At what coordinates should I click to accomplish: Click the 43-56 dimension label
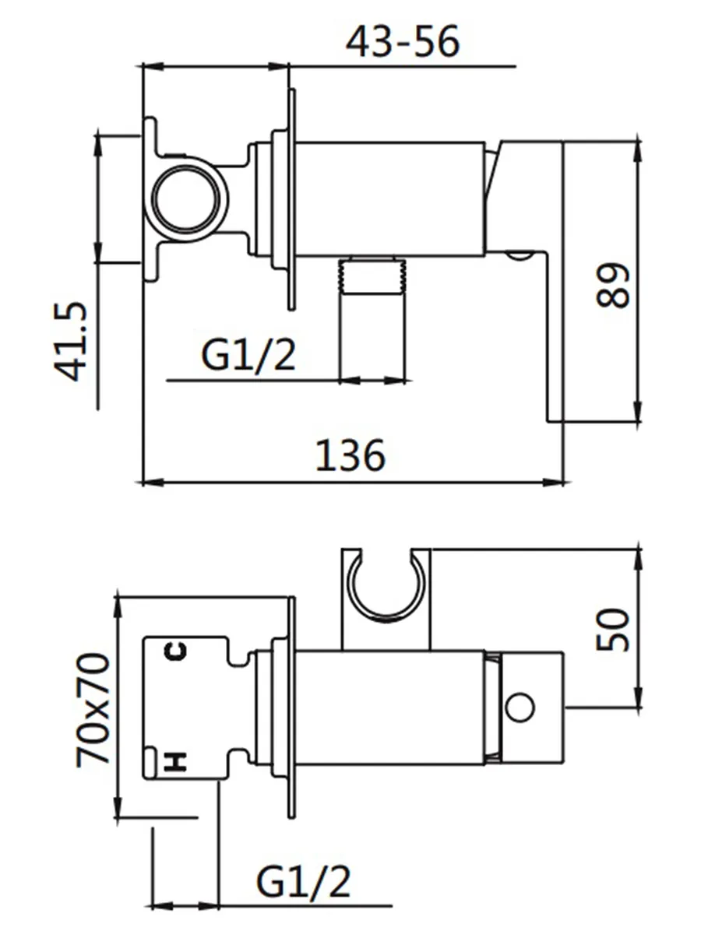click(402, 41)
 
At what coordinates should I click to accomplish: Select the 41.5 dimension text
click(70, 341)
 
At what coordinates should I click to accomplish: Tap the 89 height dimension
click(612, 285)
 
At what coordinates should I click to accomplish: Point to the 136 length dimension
click(350, 455)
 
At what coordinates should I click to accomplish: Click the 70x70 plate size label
click(93, 710)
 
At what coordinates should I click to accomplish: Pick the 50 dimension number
click(612, 630)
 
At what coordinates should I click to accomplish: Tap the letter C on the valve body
click(176, 651)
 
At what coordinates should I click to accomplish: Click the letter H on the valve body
click(176, 761)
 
